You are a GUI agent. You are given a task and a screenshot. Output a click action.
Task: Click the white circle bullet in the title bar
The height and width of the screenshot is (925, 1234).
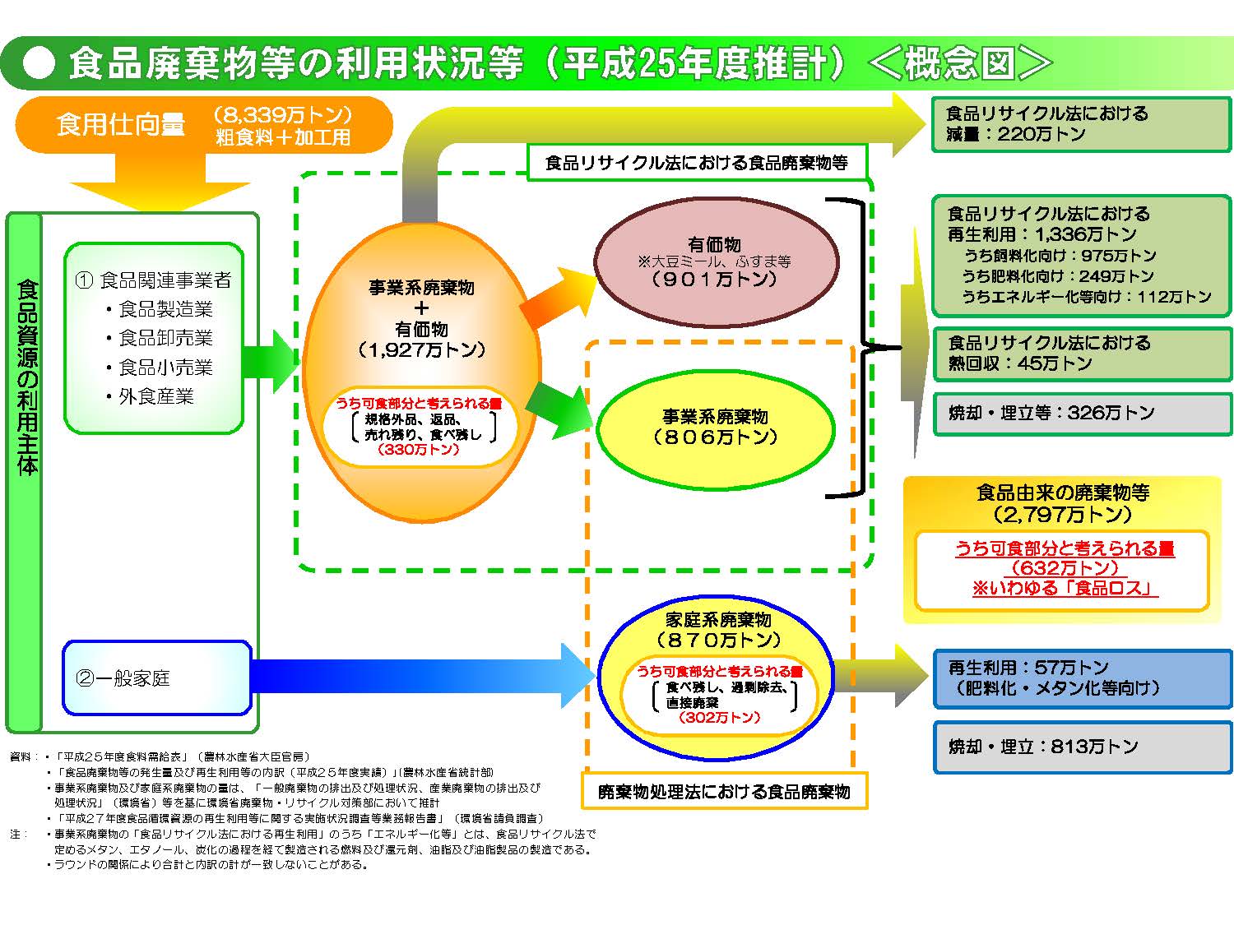[x=39, y=63]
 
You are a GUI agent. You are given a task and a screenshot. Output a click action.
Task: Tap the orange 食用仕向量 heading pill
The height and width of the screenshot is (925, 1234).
[x=202, y=124]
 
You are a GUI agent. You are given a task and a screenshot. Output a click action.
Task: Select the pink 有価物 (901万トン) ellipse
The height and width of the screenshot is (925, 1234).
[x=717, y=262]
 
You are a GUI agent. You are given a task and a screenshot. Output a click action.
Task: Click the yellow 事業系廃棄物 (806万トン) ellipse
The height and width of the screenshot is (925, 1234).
[x=715, y=428]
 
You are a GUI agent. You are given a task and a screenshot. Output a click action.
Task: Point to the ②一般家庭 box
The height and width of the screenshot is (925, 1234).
[x=156, y=678]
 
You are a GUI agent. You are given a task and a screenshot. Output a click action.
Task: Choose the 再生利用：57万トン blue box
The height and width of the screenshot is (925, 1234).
[x=1083, y=678]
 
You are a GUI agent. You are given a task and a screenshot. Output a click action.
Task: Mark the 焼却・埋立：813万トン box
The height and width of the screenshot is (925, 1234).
[x=1083, y=747]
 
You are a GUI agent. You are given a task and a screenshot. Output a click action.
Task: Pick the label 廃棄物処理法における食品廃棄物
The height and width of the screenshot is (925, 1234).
[x=724, y=792]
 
